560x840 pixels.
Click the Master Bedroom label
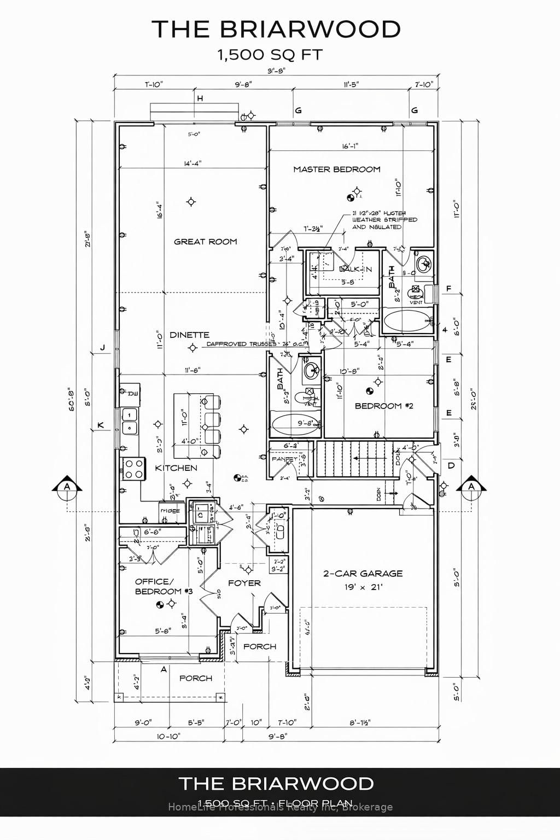(336, 170)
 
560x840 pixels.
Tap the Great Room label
(205, 242)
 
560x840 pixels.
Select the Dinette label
(189, 335)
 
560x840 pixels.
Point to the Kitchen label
(176, 468)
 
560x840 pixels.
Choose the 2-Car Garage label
(363, 574)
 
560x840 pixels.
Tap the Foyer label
(244, 584)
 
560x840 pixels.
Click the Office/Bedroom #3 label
(158, 586)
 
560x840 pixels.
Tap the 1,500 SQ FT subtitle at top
(270, 55)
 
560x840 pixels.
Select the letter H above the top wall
(200, 98)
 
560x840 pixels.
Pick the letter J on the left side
(102, 347)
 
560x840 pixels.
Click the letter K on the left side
(101, 425)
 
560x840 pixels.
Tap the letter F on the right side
(449, 289)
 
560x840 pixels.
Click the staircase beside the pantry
(356, 458)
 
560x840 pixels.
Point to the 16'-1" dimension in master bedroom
(350, 147)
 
